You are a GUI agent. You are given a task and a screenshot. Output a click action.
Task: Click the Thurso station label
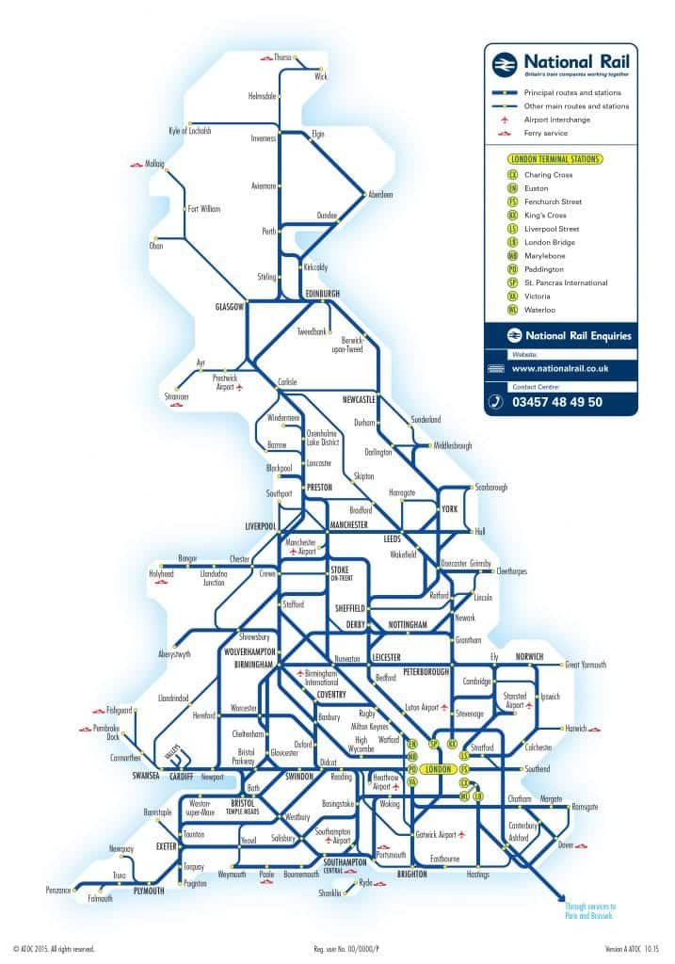(282, 56)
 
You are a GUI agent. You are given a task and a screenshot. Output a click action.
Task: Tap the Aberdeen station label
(380, 195)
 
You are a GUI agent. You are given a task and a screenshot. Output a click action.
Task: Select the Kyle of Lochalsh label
(189, 131)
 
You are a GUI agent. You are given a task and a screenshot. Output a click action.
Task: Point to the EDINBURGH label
(323, 294)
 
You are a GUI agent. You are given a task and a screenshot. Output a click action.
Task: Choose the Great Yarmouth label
(585, 665)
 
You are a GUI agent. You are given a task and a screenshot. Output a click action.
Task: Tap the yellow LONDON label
(440, 769)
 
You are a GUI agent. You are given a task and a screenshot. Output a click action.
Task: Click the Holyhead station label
(161, 573)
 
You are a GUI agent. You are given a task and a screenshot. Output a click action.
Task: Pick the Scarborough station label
(491, 488)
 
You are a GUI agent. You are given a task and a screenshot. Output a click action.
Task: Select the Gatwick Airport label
(434, 834)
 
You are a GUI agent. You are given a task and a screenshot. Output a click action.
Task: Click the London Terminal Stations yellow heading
(554, 160)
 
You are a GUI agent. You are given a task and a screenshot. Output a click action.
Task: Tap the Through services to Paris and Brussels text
(590, 911)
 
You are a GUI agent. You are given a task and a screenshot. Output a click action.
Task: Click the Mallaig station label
(154, 164)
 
